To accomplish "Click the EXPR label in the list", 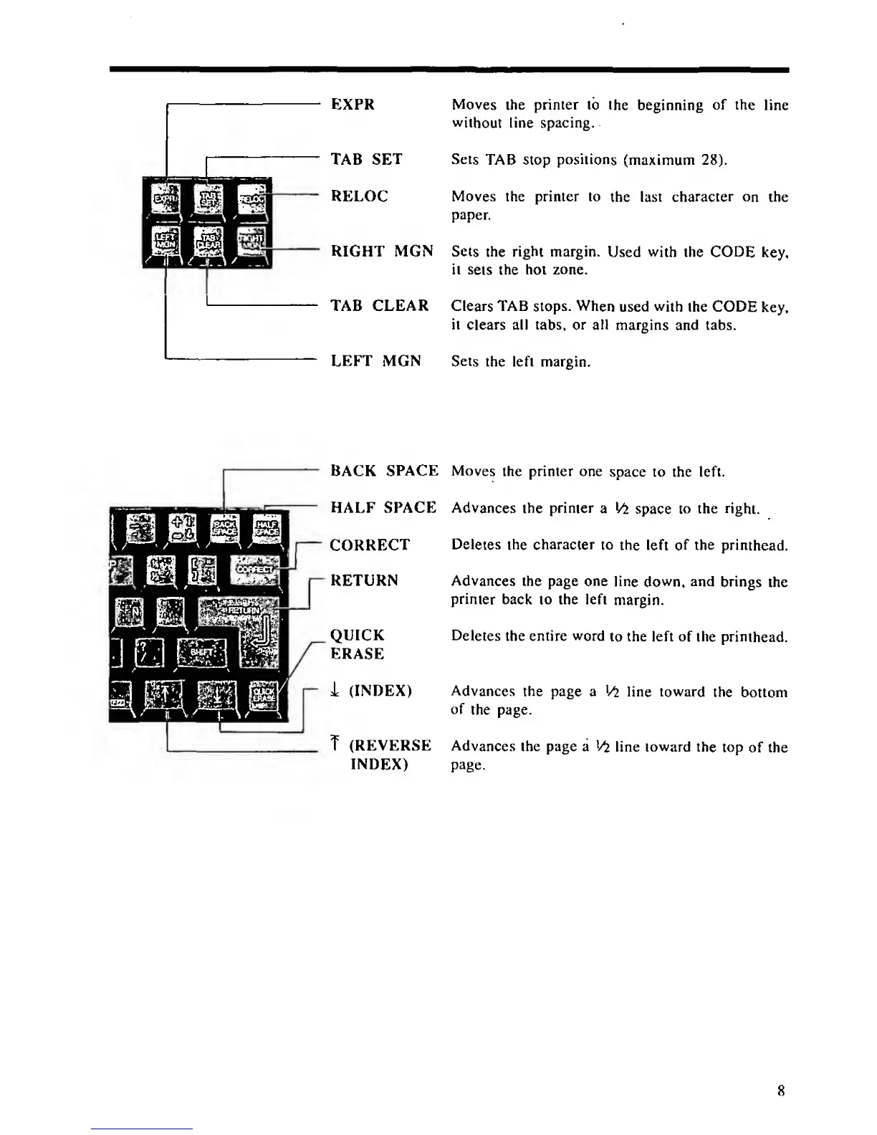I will [353, 105].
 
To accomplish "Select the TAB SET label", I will [366, 159].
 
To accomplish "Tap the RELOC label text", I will [359, 196].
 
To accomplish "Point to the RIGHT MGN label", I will [382, 251].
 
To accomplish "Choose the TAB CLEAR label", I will [379, 306].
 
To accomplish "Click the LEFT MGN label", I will [375, 360].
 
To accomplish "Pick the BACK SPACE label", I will [384, 471].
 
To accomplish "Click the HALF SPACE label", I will [383, 507].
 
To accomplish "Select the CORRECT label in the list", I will [370, 545].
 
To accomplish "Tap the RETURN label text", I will [364, 580].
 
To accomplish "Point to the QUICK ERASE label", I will [357, 644].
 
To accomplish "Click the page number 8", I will [781, 1091].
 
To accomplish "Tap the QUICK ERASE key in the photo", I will [262, 694].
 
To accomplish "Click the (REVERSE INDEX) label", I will [389, 755].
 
